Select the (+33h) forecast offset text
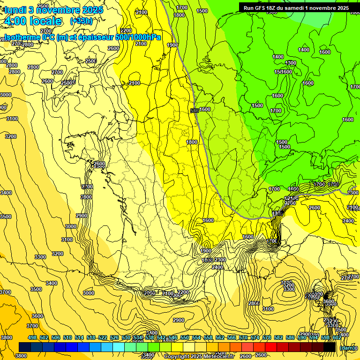point(81,21)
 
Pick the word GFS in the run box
point(260,8)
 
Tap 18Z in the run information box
point(272,8)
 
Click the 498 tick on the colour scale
point(32,338)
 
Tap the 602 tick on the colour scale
point(336,338)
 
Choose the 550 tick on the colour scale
point(184,338)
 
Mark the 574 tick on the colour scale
point(255,338)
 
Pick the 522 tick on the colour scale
point(102,338)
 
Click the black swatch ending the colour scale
point(330,347)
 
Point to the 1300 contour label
point(291,63)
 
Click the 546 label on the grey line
point(195,111)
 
